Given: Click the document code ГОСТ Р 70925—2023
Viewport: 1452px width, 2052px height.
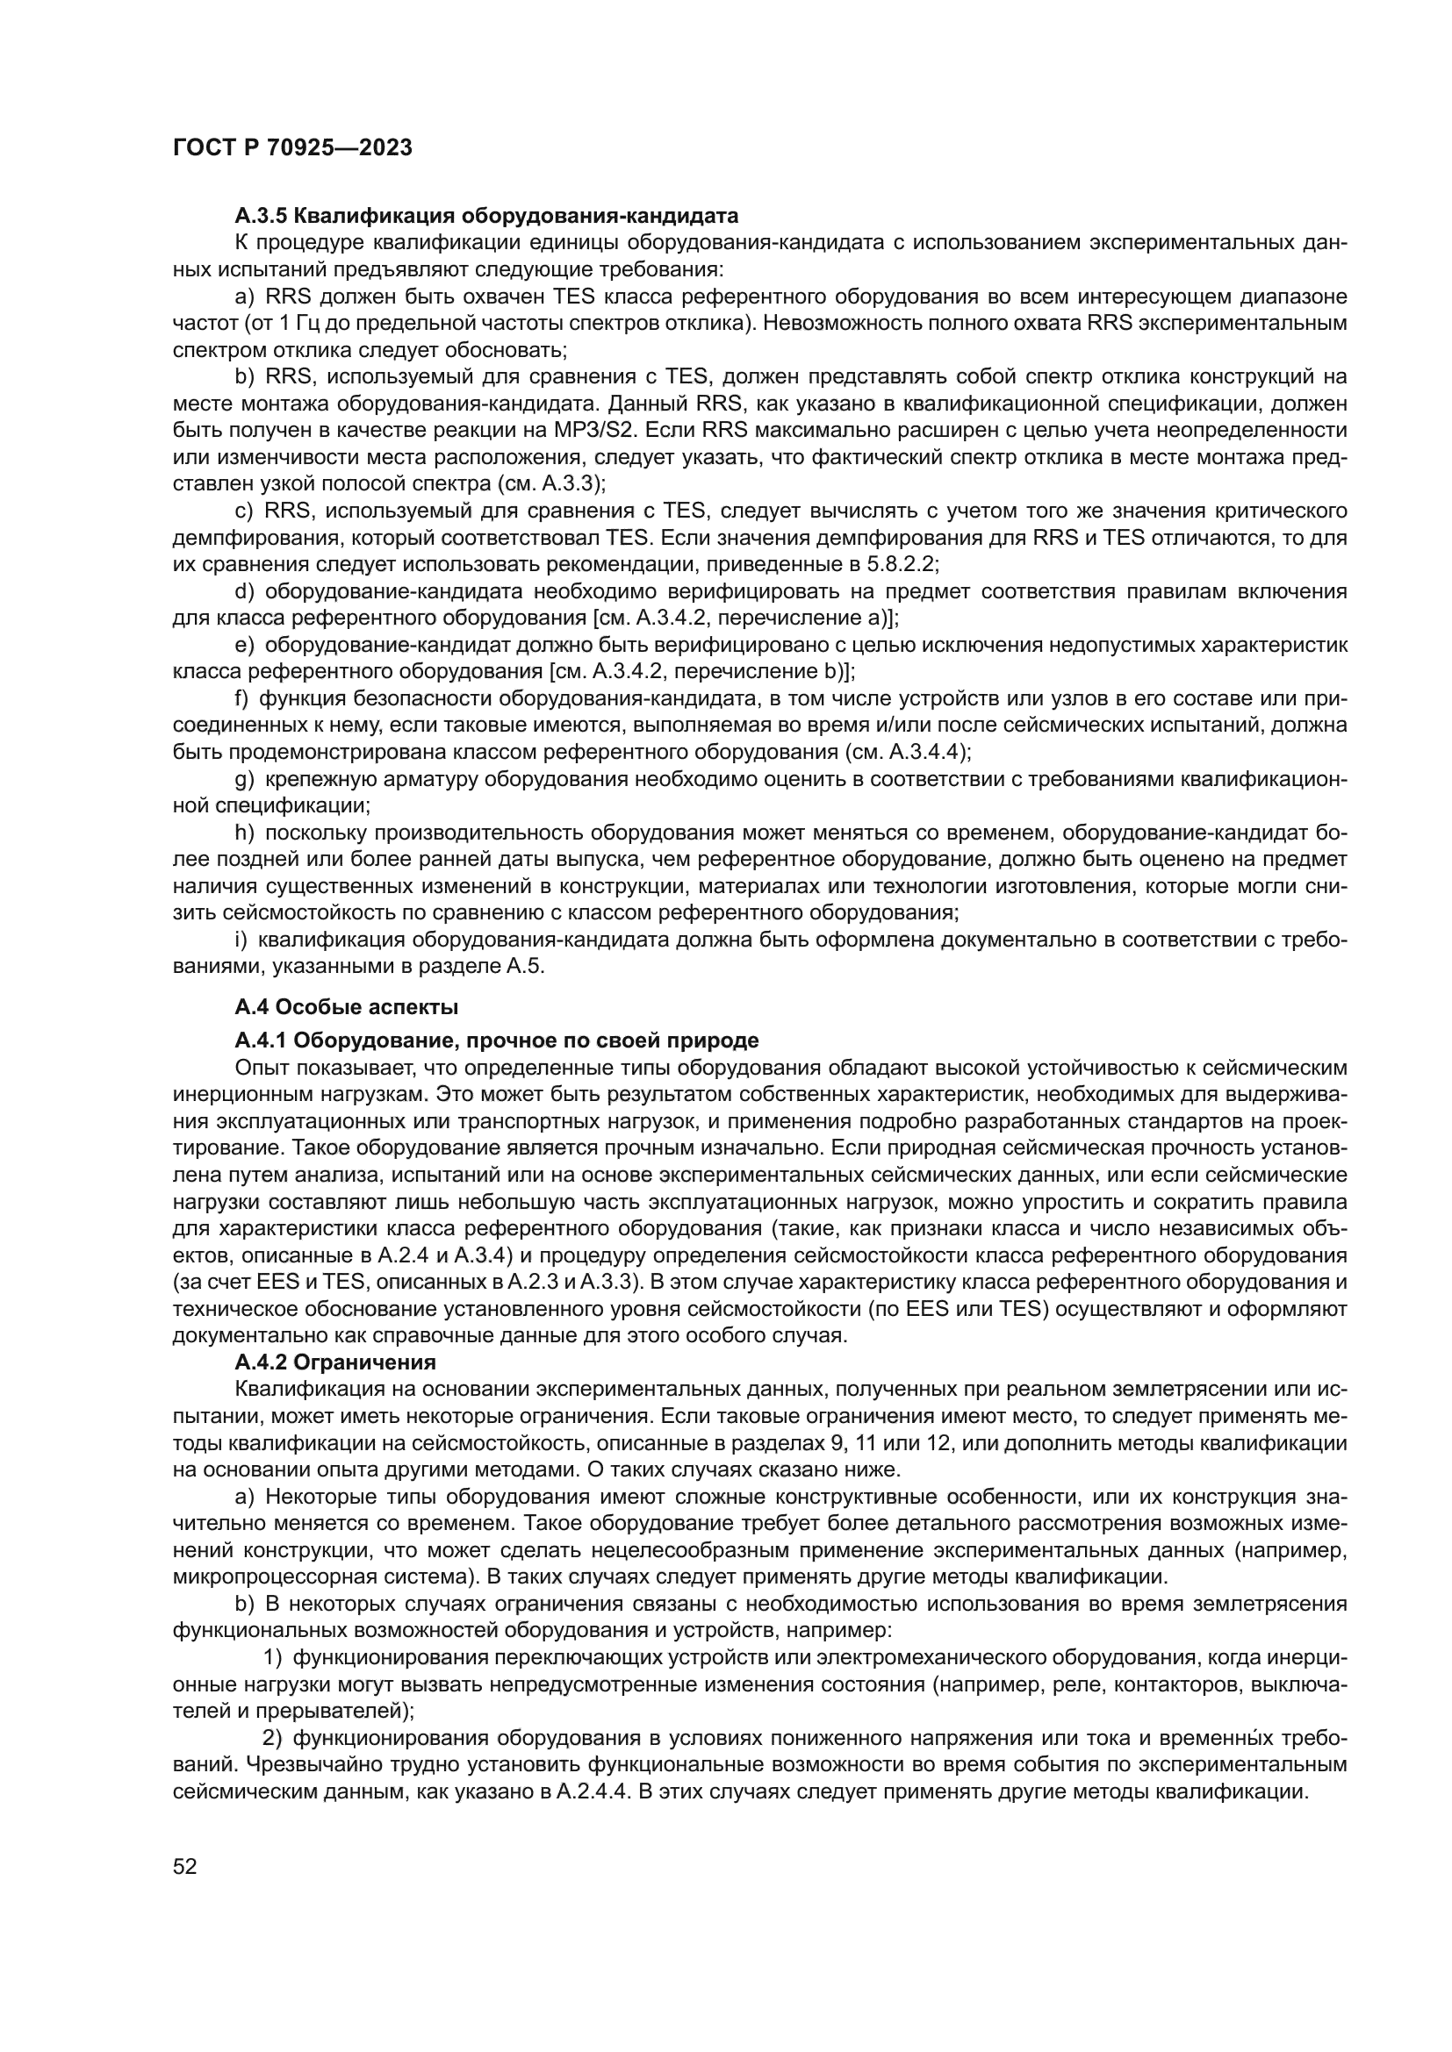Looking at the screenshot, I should click(x=292, y=148).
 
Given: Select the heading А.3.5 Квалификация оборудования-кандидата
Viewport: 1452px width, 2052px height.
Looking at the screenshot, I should click(x=486, y=216).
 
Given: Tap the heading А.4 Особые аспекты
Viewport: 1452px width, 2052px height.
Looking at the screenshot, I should click(x=346, y=1007).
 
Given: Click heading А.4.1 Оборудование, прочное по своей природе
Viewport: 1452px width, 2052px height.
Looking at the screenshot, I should click(x=496, y=1040).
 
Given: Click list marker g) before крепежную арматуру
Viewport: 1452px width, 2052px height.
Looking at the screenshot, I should click(x=244, y=779).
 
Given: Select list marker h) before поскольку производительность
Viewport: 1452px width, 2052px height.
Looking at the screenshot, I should click(x=244, y=833).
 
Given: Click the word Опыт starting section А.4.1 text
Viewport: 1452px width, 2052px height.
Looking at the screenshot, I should click(x=260, y=1068).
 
